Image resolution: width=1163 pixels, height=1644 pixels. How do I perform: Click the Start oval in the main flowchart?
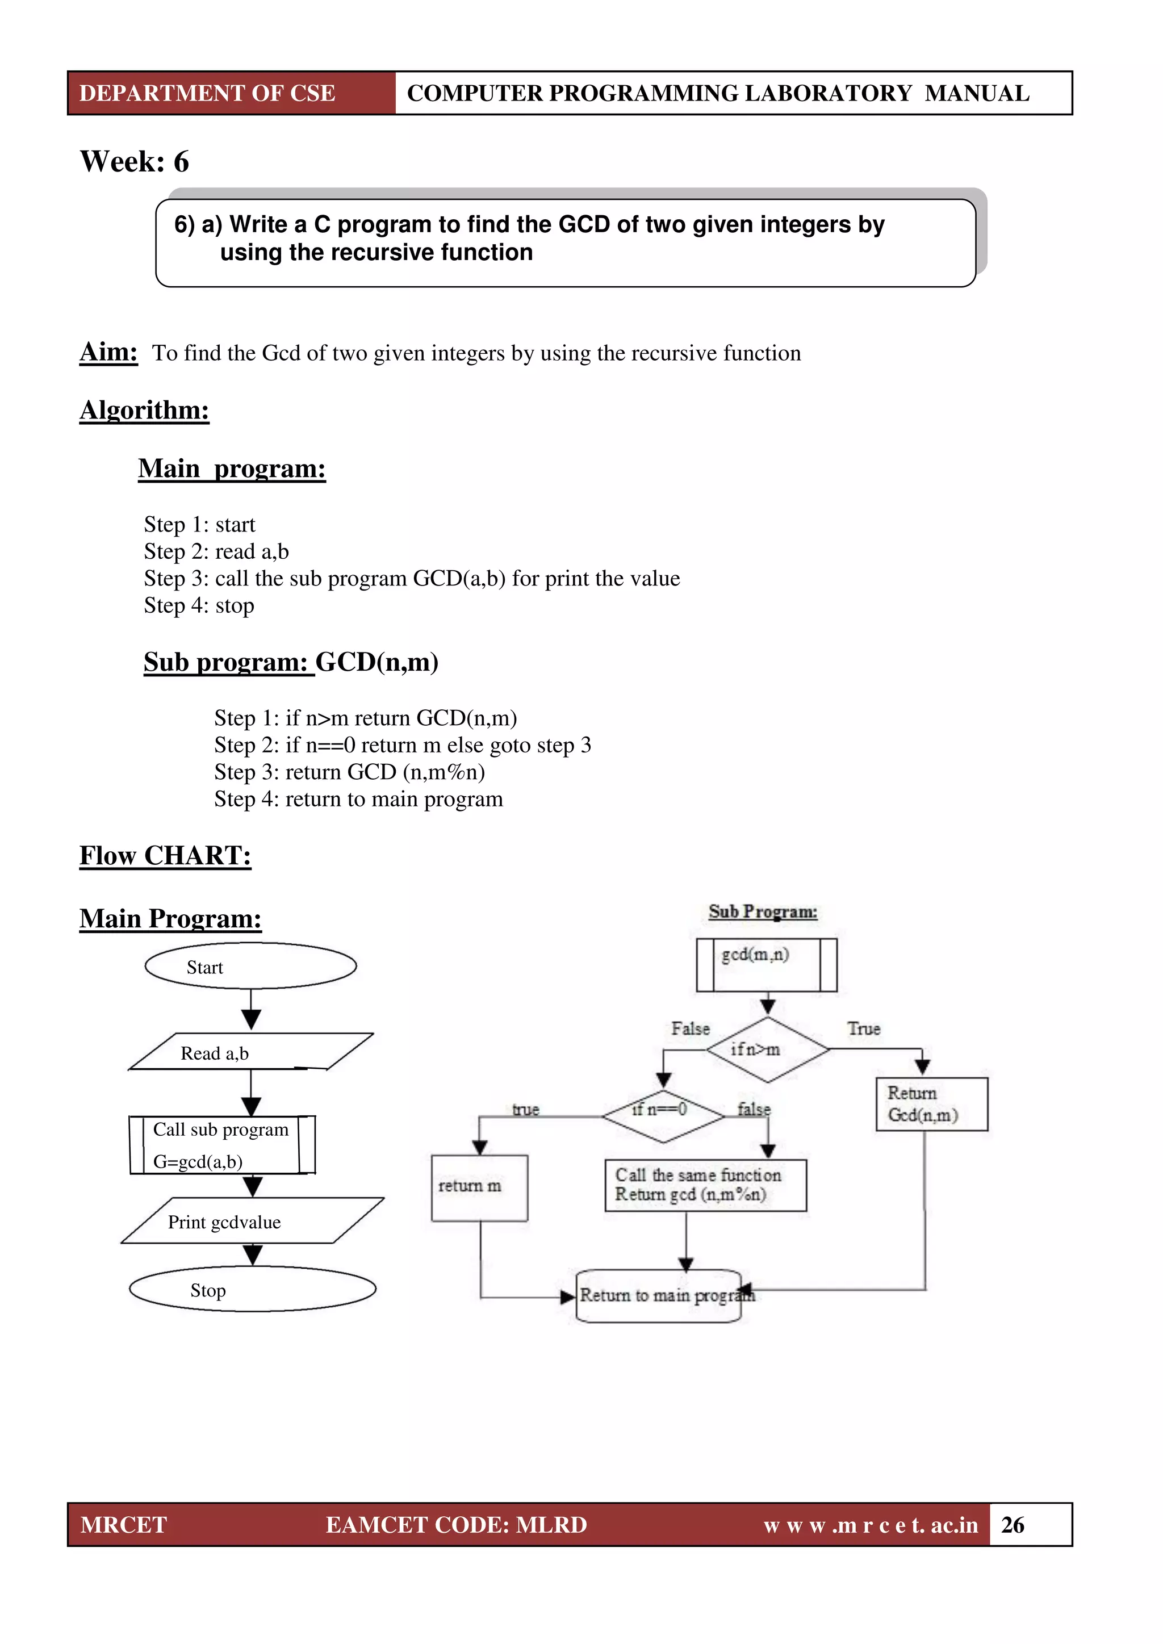pyautogui.click(x=250, y=966)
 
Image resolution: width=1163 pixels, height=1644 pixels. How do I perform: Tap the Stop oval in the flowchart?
pyautogui.click(x=252, y=1290)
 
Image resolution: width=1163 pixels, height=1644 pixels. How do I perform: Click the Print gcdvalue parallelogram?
pyautogui.click(x=252, y=1221)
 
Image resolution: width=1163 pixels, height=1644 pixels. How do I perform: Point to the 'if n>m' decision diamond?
pyautogui.click(x=767, y=1049)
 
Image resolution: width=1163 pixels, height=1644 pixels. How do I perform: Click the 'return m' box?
pyautogui.click(x=479, y=1187)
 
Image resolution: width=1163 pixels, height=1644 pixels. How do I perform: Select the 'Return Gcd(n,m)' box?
pyautogui.click(x=931, y=1103)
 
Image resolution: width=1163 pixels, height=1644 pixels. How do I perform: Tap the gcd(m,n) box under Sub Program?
pyautogui.click(x=765, y=964)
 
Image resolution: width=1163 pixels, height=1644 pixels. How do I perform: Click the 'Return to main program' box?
pyautogui.click(x=659, y=1295)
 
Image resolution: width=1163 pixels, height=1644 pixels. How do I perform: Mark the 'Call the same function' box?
pyautogui.click(x=705, y=1185)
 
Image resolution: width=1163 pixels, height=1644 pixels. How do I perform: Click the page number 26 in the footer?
pyautogui.click(x=1012, y=1524)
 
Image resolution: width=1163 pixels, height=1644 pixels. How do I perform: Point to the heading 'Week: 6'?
pyautogui.click(x=135, y=162)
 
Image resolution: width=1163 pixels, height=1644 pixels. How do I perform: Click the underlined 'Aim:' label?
pyautogui.click(x=108, y=352)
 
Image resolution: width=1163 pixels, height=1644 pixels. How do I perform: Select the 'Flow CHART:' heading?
pyautogui.click(x=165, y=856)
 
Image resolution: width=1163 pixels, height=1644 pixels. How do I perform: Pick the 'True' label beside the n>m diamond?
pyautogui.click(x=863, y=1029)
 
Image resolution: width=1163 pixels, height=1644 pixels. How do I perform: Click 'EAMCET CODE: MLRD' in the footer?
pyautogui.click(x=456, y=1524)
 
